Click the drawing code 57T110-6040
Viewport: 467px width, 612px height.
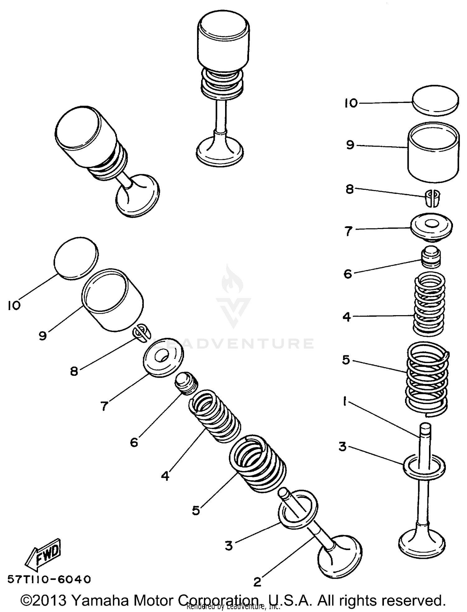[x=49, y=579]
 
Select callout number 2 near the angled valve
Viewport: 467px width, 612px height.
[x=257, y=582]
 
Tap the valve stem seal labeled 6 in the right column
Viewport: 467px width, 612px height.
[x=431, y=257]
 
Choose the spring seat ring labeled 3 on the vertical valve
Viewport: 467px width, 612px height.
[x=424, y=467]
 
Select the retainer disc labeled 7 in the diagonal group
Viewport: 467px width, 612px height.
[x=163, y=357]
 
